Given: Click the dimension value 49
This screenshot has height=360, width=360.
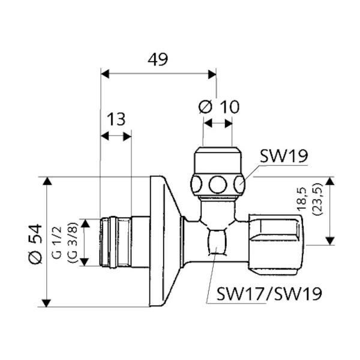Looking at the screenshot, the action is (x=158, y=59).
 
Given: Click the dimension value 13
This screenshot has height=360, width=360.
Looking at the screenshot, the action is (x=116, y=119).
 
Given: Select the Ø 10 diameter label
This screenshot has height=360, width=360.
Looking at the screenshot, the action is (x=219, y=107).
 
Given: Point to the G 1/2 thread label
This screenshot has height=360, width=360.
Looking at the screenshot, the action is (x=57, y=242).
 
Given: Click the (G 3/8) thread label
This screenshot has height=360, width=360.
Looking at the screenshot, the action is (x=73, y=242).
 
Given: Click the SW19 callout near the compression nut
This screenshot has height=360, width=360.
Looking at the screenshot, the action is (x=284, y=156).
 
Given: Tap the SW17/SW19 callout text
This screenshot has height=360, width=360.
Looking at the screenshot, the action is (x=269, y=294).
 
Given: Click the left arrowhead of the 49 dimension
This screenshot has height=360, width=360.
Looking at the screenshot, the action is (x=105, y=74).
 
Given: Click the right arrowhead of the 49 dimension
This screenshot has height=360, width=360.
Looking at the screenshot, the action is (x=212, y=74).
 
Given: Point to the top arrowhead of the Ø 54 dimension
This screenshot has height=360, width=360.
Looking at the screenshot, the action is (x=47, y=181).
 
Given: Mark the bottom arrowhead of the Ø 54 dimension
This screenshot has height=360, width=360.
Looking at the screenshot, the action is (x=47, y=303).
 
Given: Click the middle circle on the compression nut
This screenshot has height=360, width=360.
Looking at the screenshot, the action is (x=217, y=185).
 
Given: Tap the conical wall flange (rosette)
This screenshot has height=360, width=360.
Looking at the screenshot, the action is (x=163, y=241).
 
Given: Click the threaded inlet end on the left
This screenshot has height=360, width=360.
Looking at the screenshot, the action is (x=116, y=242).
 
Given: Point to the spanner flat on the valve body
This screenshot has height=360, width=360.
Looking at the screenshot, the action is (x=217, y=242).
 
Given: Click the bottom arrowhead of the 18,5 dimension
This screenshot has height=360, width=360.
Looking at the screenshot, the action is (x=330, y=241).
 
